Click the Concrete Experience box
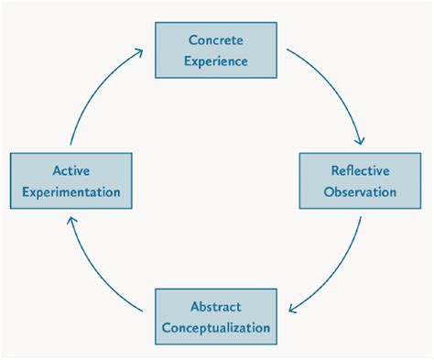click(216, 51)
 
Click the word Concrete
click(216, 40)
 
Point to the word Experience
click(216, 61)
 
